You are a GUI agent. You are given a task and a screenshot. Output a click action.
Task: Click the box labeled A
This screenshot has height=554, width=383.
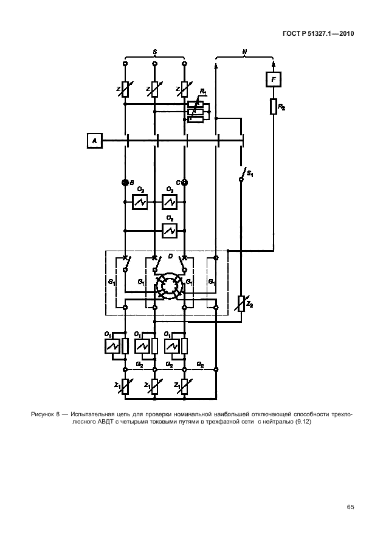click(94, 141)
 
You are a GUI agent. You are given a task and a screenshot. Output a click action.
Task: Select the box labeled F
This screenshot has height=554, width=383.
click(274, 79)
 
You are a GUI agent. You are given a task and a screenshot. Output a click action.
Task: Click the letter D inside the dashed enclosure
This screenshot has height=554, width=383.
click(170, 257)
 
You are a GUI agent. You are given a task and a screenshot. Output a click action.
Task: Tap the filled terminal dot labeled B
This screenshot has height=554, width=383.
click(125, 182)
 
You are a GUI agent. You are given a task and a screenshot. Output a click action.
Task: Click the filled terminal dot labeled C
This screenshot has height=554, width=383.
click(184, 182)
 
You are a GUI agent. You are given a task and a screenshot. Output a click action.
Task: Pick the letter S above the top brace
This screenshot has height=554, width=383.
click(154, 53)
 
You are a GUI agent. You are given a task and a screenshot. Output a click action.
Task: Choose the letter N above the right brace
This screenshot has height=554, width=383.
click(244, 53)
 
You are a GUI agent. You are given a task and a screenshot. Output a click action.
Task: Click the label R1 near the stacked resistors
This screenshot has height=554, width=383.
click(203, 92)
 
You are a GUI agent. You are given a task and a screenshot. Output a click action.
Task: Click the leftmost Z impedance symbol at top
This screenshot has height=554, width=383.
click(125, 90)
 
